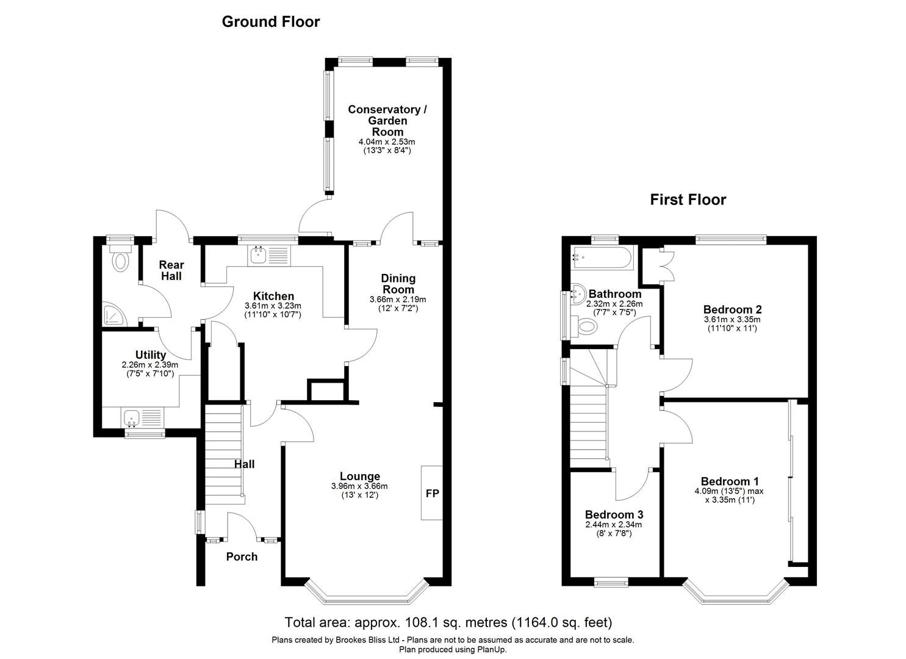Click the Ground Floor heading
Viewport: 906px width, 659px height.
coord(270,22)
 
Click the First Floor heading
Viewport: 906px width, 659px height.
coord(688,200)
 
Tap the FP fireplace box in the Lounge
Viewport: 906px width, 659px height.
coord(431,493)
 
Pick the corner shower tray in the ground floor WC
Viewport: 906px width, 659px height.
coord(113,314)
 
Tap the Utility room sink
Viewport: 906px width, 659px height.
coord(132,418)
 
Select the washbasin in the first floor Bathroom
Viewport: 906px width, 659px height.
coord(576,296)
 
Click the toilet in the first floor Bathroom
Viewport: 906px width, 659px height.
coord(586,326)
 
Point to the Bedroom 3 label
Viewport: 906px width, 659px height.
coord(613,514)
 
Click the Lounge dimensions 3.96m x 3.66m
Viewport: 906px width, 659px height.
coord(359,486)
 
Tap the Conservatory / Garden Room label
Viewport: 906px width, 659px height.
coord(387,120)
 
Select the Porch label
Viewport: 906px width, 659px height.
coord(242,556)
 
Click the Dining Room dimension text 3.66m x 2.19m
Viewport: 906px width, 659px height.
coord(397,300)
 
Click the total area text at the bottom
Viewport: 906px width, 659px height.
coord(448,622)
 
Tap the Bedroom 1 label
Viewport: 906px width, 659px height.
coord(730,481)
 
